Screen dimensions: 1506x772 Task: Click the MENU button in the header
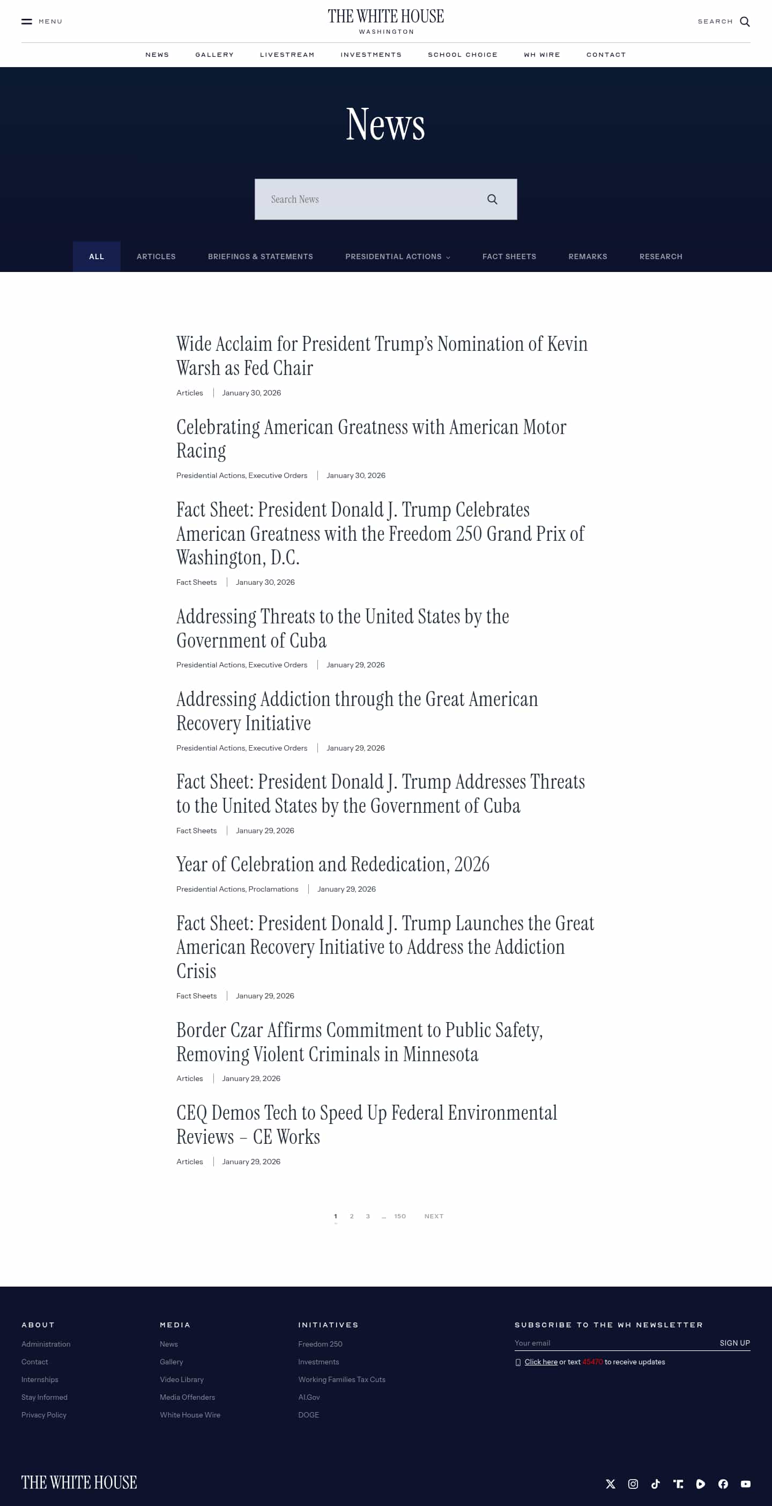(x=41, y=21)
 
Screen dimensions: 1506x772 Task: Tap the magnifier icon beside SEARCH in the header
(x=745, y=21)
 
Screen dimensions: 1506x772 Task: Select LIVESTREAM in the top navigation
(x=287, y=55)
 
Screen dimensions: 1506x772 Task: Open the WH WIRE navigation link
(x=542, y=55)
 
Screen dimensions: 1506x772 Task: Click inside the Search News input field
(x=368, y=200)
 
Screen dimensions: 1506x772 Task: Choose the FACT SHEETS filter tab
(x=509, y=256)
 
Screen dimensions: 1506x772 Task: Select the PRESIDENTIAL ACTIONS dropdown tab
(x=397, y=256)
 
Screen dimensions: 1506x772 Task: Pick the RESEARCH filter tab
(x=660, y=256)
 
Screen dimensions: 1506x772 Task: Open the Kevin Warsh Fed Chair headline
(x=382, y=356)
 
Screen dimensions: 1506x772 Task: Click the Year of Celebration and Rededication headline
(x=332, y=864)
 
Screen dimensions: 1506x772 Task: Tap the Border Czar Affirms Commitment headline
(x=359, y=1042)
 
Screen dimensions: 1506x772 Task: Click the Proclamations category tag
(x=273, y=889)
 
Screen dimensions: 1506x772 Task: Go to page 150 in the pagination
(x=400, y=1216)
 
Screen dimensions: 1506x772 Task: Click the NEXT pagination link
(x=434, y=1216)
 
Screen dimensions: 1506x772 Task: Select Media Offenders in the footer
(x=187, y=1397)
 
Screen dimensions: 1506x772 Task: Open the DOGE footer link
(x=309, y=1415)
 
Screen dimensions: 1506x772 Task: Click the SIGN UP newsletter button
(x=734, y=1343)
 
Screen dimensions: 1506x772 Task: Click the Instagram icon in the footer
(x=633, y=1484)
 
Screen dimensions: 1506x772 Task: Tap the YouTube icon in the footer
(x=745, y=1484)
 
